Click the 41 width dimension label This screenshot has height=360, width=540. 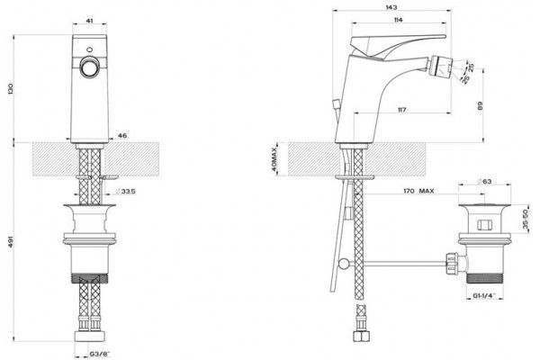point(89,21)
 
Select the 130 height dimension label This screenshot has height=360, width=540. point(10,89)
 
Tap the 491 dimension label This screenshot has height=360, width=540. point(10,242)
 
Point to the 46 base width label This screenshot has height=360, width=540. point(122,136)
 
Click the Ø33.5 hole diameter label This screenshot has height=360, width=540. point(125,191)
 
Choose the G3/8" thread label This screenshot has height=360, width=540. point(100,354)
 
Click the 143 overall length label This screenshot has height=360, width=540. point(391,7)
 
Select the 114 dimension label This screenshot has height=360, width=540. point(398,20)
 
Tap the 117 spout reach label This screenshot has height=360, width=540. point(401,110)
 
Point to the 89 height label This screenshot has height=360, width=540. point(481,105)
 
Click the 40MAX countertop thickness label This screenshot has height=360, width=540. point(274,159)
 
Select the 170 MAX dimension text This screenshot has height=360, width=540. point(418,191)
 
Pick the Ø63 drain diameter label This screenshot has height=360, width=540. point(484,181)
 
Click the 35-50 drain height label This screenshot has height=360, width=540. point(526,220)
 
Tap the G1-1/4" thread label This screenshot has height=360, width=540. point(484,295)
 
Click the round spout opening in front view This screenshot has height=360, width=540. point(89,67)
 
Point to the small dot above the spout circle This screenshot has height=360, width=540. point(90,49)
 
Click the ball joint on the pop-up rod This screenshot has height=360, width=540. point(344,264)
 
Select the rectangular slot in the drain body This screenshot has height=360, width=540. point(484,225)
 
